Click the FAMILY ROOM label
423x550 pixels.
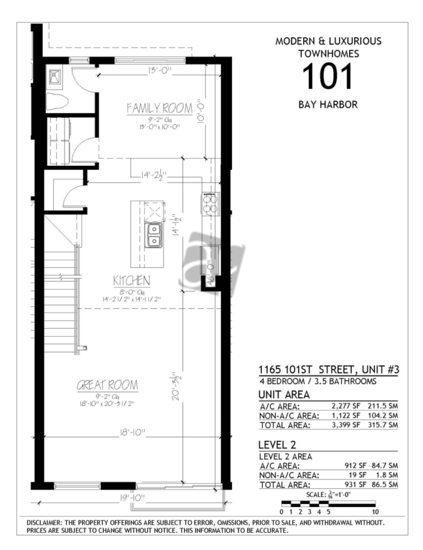tap(159, 107)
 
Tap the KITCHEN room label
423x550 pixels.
tap(132, 280)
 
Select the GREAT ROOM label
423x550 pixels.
tap(107, 385)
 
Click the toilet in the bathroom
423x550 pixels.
tap(57, 102)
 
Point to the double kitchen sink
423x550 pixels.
tap(153, 235)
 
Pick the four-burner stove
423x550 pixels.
tap(210, 204)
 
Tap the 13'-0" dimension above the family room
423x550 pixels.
tap(159, 70)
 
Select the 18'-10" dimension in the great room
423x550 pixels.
tap(133, 432)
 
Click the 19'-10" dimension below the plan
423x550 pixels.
tap(132, 498)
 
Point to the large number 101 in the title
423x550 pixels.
tap(327, 76)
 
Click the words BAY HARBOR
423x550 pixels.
tap(328, 105)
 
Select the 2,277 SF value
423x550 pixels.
tap(346, 406)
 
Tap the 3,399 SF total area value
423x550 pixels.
tap(346, 425)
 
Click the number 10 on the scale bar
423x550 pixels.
tap(375, 512)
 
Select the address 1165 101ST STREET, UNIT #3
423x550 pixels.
tap(329, 370)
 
